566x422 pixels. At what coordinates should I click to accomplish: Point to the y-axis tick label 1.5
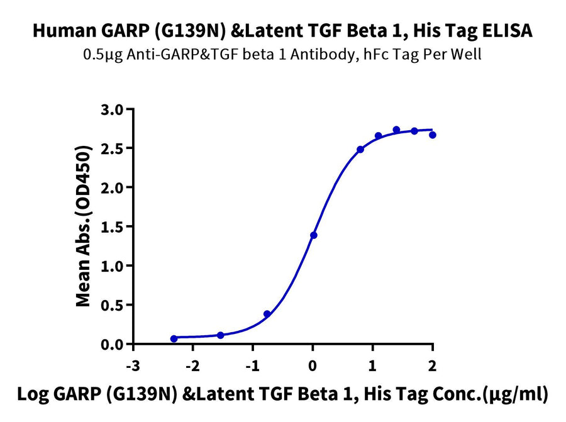(x=114, y=227)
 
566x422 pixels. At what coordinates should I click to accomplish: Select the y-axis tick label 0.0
(x=114, y=345)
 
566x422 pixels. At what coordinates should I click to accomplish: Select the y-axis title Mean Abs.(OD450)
(x=83, y=227)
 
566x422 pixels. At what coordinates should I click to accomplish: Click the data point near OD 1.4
(x=313, y=235)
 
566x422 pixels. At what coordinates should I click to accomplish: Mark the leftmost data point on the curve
(x=174, y=338)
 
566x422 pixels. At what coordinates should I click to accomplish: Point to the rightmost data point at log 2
(x=433, y=135)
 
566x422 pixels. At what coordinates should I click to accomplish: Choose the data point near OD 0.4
(x=267, y=314)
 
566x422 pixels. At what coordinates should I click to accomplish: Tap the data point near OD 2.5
(x=360, y=150)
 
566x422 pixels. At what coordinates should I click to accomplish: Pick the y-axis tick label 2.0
(x=114, y=187)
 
